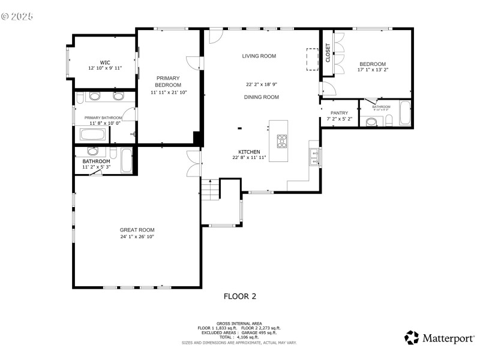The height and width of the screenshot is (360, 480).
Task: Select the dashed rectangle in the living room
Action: click(x=313, y=59)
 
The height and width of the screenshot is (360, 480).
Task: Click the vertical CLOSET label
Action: click(x=328, y=53)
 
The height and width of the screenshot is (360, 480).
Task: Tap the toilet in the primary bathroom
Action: click(x=133, y=135)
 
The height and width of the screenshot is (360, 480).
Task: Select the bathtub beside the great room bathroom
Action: click(x=126, y=160)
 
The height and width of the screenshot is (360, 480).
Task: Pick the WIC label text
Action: click(x=105, y=62)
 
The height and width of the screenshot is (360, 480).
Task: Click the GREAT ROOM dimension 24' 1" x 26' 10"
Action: click(x=137, y=237)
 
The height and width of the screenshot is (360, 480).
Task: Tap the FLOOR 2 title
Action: click(x=240, y=296)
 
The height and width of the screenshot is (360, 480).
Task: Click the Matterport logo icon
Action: click(x=412, y=338)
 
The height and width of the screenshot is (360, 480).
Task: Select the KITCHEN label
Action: click(x=249, y=152)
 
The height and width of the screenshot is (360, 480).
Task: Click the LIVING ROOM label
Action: click(x=259, y=56)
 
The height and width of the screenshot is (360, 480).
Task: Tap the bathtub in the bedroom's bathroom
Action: click(x=405, y=113)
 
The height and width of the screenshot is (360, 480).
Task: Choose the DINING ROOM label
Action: click(x=262, y=97)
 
